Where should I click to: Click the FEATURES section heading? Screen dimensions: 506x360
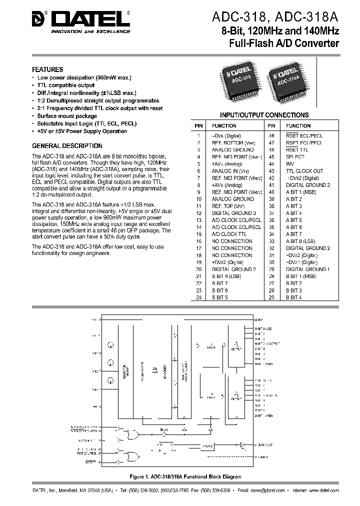47,70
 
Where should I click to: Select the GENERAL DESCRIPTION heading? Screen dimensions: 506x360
67,146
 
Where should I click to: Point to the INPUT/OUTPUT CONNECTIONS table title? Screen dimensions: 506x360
264,115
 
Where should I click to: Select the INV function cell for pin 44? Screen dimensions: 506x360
290,164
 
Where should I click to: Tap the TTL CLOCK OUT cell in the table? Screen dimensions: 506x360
304,171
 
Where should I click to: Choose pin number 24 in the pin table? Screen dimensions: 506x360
198,297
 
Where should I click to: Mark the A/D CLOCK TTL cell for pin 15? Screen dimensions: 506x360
229,234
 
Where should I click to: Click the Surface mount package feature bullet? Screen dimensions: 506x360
67,116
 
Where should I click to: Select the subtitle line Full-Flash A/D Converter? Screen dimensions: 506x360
284,43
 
